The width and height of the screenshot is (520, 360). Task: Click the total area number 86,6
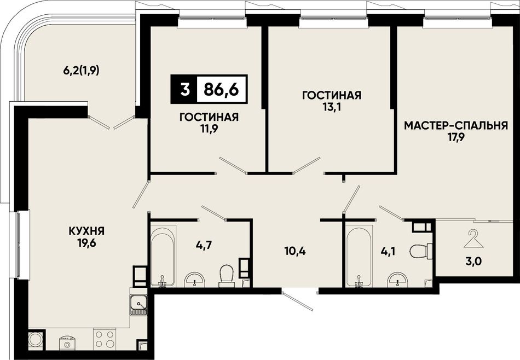pos(221,89)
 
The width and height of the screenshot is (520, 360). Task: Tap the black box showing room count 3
pos(184,89)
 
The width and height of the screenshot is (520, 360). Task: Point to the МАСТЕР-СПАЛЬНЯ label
pos(455,126)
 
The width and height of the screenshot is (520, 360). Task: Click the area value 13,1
pos(332,108)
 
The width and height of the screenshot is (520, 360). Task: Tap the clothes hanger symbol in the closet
pos(475,239)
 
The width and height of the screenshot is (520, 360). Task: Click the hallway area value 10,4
pos(295,251)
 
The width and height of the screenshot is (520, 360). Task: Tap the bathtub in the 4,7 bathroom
pos(163,256)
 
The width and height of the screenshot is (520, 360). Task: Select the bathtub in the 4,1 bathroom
pos(359,256)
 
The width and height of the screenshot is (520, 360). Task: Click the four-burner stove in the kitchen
pos(105,339)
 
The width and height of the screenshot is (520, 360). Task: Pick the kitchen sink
pos(139,306)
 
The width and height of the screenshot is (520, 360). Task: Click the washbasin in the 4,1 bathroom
pos(397,280)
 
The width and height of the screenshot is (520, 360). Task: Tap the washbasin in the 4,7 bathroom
pos(195,280)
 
